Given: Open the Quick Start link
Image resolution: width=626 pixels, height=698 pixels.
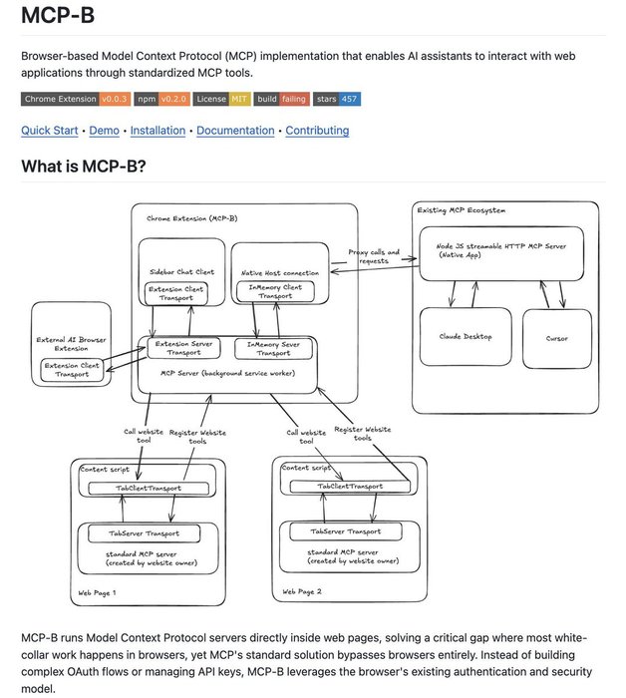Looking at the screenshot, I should [49, 131].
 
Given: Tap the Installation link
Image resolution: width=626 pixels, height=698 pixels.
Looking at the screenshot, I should [157, 131].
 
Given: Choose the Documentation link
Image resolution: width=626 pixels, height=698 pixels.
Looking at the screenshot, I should [235, 131].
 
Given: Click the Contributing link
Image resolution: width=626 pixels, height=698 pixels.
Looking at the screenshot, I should [317, 131].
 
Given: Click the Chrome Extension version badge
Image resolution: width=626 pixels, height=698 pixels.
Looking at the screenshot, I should [74, 100].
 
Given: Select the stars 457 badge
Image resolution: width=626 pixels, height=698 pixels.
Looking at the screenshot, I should [337, 100].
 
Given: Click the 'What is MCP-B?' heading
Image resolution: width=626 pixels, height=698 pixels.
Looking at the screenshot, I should [84, 166].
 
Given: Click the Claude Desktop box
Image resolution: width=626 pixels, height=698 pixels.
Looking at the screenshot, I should [464, 338].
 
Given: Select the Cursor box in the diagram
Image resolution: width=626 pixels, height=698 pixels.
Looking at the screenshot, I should [557, 338].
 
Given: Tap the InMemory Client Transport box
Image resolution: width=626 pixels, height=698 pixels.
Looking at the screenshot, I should [274, 292].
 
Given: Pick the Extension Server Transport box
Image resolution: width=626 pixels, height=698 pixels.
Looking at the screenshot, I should [181, 348].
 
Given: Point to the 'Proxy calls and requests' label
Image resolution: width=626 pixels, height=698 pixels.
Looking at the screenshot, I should [374, 257].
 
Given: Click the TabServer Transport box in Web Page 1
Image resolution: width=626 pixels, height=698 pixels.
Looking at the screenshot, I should [150, 533].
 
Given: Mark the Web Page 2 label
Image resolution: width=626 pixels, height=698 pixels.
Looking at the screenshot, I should [302, 592].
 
